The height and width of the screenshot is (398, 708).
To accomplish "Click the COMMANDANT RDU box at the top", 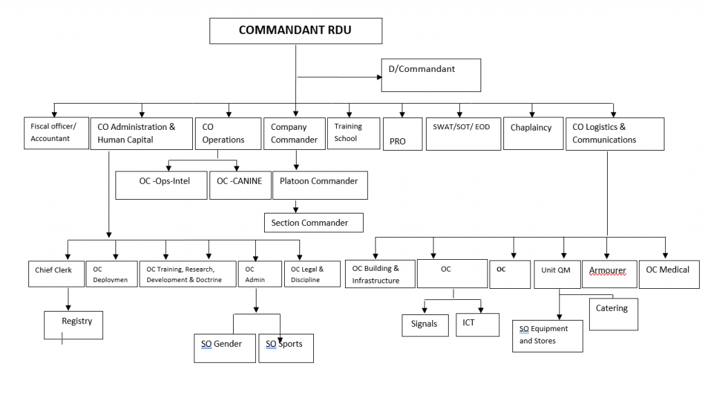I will click(x=295, y=30).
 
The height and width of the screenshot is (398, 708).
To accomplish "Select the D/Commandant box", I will click(x=431, y=75).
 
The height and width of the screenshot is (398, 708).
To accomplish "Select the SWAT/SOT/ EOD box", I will click(x=461, y=133).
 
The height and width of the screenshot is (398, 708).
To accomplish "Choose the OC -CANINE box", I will click(x=239, y=185).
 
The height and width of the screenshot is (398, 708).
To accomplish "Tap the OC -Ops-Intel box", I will click(x=161, y=185).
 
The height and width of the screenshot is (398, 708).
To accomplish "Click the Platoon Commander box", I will click(x=319, y=185).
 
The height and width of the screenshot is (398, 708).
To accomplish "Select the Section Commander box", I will click(x=313, y=222).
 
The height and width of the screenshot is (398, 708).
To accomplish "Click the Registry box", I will click(x=77, y=325).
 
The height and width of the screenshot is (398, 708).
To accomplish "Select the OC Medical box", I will click(x=668, y=273).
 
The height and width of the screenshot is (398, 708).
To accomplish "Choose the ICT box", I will click(x=477, y=325).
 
